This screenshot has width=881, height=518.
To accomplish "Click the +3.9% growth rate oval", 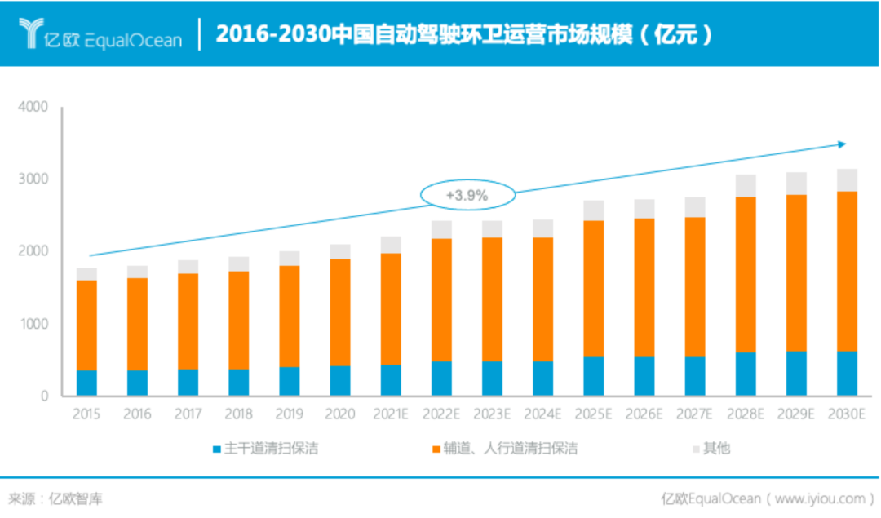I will point(467,195).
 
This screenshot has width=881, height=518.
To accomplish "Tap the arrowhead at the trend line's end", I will point(841,144).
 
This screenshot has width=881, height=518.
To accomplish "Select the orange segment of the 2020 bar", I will point(340,312).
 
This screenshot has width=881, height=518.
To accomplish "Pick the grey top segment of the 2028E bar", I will point(746,186).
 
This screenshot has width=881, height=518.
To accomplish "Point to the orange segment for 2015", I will point(86,325).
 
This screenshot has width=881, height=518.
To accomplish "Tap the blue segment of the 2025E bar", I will point(593,376).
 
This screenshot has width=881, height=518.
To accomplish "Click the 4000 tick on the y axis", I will point(34,107).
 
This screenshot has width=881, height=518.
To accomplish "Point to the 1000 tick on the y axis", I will point(34,324).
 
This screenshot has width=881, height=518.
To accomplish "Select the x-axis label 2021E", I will point(391,414).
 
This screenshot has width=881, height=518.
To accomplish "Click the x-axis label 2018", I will point(238,414).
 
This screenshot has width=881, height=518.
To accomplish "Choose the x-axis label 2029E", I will point(796,414).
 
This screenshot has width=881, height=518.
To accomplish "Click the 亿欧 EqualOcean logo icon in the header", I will point(32,33).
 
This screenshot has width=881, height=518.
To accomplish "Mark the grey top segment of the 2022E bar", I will point(441,229).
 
